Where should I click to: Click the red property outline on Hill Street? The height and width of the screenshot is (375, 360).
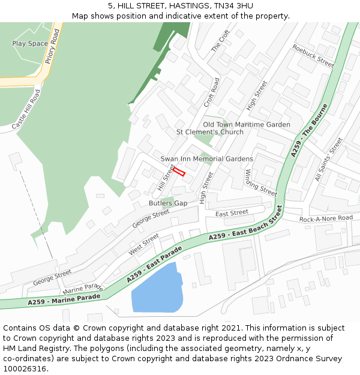(x=179, y=171)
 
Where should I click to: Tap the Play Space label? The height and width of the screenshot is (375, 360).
(x=30, y=44)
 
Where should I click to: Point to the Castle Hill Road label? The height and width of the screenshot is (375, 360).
(x=26, y=110)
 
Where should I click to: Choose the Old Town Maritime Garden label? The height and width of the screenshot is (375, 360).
(x=246, y=125)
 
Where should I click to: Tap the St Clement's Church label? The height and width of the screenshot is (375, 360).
(x=209, y=132)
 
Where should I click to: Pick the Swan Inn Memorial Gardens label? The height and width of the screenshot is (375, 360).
(x=206, y=159)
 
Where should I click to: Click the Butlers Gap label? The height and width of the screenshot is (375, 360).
(x=168, y=203)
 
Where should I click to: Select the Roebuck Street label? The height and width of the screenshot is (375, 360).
(x=313, y=55)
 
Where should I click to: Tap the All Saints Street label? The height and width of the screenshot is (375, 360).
(x=329, y=159)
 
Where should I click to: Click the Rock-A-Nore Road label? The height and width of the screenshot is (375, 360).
(x=326, y=219)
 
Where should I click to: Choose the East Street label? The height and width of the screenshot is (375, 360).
(x=232, y=213)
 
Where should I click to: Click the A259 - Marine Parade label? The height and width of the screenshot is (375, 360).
(x=64, y=298)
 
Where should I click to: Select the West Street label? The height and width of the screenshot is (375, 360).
(x=143, y=244)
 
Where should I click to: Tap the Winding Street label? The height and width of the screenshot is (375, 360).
(x=260, y=182)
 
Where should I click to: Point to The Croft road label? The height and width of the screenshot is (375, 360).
(x=221, y=41)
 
